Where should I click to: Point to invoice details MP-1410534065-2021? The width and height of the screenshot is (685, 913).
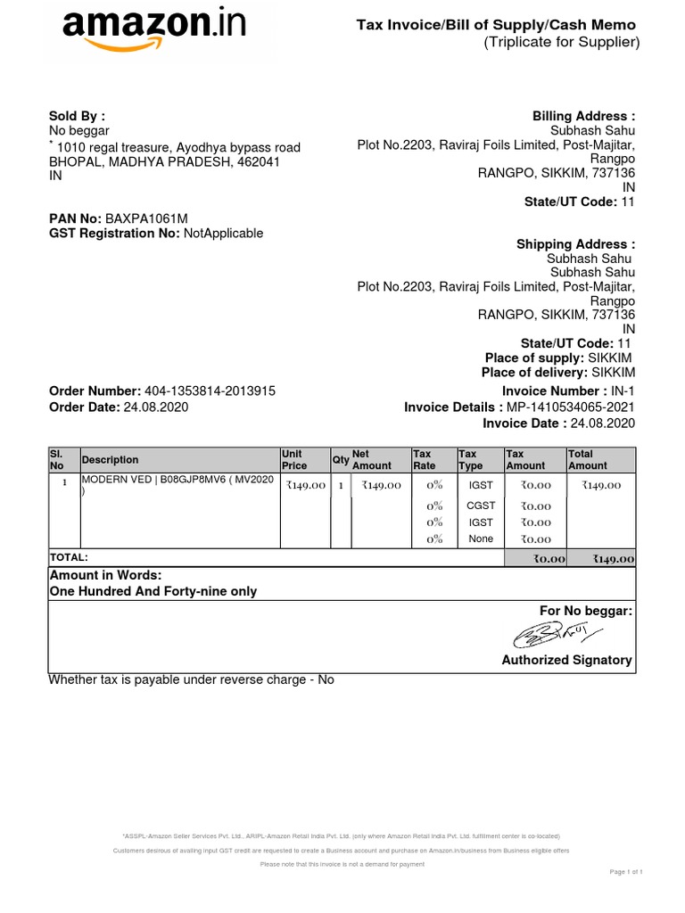coord(571,407)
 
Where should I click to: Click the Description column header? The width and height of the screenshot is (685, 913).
coord(110,460)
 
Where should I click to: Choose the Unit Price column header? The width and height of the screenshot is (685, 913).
coord(294,460)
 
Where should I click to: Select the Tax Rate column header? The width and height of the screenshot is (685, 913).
coord(423,460)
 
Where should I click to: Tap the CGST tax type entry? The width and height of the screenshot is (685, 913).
coord(480,506)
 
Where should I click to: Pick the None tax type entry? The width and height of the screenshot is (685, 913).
coord(480,539)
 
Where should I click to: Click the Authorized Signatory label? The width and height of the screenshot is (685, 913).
coord(566,661)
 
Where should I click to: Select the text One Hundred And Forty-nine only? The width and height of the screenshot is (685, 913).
coord(153,591)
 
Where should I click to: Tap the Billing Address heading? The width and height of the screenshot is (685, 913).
coord(583,117)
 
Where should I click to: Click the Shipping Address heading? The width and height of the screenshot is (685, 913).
coord(575,244)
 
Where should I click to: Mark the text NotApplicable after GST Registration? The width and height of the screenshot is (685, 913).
coord(223,234)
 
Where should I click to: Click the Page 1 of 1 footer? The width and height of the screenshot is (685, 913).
coord(626,871)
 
